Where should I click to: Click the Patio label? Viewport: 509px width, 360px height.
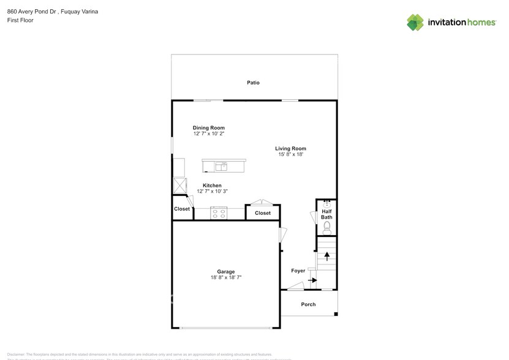pyautogui.click(x=253, y=82)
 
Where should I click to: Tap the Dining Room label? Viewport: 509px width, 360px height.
pyautogui.click(x=209, y=128)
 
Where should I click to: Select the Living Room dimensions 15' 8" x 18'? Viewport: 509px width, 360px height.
pyautogui.click(x=290, y=155)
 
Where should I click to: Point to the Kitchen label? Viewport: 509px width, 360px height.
pyautogui.click(x=213, y=186)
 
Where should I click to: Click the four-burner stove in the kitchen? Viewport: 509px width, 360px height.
pyautogui.click(x=219, y=213)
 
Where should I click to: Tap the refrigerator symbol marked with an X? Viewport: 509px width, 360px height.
pyautogui.click(x=179, y=186)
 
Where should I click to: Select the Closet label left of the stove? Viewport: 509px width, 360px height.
pyautogui.click(x=182, y=209)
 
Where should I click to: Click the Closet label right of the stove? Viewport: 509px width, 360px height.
pyautogui.click(x=263, y=213)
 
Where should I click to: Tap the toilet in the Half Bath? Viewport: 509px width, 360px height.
pyautogui.click(x=327, y=227)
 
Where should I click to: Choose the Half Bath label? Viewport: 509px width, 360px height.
pyautogui.click(x=327, y=214)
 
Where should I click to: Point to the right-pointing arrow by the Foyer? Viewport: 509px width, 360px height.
pyautogui.click(x=312, y=280)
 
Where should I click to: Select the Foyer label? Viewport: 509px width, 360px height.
pyautogui.click(x=298, y=270)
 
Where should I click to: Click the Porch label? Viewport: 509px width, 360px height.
pyautogui.click(x=308, y=304)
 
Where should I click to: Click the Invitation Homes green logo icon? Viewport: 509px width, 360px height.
pyautogui.click(x=416, y=23)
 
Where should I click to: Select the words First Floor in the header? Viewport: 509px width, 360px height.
pyautogui.click(x=20, y=20)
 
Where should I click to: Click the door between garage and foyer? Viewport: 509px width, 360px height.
pyautogui.click(x=282, y=235)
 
